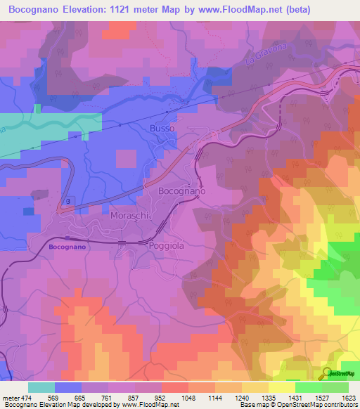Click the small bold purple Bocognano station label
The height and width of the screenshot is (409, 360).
[x=68, y=247]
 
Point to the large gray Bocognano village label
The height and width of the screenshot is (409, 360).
[x=181, y=191]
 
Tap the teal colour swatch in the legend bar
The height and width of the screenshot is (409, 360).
[x=41, y=387]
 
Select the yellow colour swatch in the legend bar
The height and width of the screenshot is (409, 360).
[x=281, y=387]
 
